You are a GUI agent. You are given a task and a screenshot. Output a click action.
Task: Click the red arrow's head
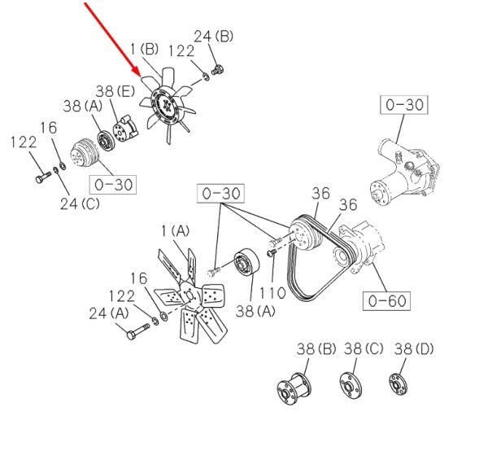point(137,72)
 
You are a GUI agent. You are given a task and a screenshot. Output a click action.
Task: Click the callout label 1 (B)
point(144,49)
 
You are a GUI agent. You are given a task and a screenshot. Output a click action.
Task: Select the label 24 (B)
point(213,37)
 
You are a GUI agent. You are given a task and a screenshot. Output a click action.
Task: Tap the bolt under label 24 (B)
point(218,70)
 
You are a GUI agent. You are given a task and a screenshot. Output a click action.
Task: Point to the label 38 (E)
point(115,91)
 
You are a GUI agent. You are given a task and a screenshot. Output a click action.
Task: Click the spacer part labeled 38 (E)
point(125,129)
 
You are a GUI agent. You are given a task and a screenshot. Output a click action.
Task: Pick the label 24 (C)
point(80,204)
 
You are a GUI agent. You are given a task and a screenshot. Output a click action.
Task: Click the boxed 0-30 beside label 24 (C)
point(113,185)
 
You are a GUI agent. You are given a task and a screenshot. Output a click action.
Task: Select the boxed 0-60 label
point(386,301)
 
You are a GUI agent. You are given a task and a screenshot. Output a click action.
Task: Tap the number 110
point(272,293)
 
